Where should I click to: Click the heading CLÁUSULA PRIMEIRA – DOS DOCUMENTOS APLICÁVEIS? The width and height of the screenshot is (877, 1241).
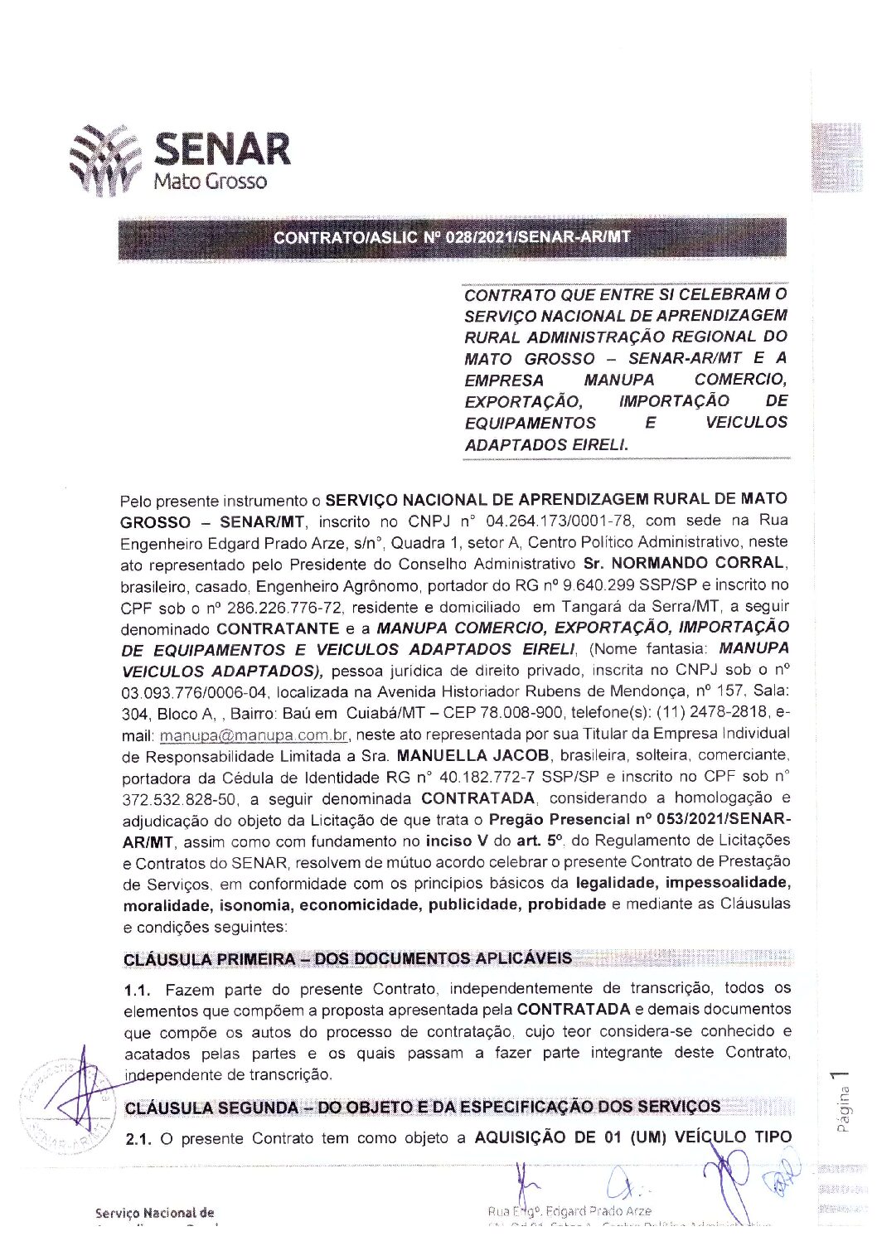pos(347,959)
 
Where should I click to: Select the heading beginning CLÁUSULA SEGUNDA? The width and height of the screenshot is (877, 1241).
pos(422,1107)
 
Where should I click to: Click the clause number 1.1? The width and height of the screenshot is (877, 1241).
pos(138,989)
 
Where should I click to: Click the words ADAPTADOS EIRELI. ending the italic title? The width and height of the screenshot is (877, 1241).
pos(546,444)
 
